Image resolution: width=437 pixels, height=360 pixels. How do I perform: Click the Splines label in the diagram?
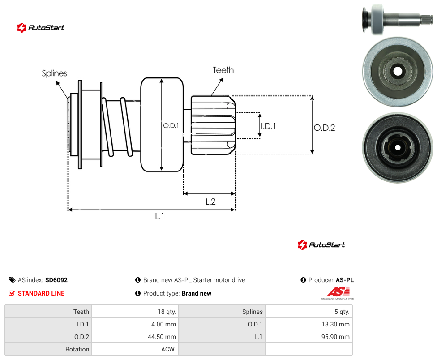point(54,73)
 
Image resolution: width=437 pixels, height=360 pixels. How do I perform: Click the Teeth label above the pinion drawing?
point(223,70)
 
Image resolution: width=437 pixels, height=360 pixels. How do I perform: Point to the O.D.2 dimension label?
point(325,128)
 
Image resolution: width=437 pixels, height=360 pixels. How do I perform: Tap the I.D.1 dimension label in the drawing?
point(269,126)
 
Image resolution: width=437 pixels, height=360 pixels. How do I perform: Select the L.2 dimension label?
point(211,201)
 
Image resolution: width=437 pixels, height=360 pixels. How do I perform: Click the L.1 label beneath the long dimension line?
point(160,216)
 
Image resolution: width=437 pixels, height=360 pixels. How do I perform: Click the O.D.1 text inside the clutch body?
point(171,126)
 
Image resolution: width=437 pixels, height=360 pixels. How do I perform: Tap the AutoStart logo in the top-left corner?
point(41,28)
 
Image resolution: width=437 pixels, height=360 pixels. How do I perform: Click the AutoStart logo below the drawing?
point(321,244)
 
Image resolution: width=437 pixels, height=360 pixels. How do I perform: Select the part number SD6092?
point(56,280)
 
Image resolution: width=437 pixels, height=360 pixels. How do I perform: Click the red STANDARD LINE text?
point(41,293)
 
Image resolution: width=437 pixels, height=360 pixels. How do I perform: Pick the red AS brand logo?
point(338,293)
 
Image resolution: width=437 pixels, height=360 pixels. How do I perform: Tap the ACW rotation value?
point(168,349)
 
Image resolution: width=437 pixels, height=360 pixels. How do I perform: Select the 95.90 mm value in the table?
point(335,337)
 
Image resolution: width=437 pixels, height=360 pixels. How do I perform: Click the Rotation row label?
point(77,349)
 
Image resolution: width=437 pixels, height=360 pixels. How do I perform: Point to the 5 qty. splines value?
point(342,312)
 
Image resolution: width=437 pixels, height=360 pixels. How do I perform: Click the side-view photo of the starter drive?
point(398,20)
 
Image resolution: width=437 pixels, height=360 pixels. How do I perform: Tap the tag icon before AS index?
point(12,280)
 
